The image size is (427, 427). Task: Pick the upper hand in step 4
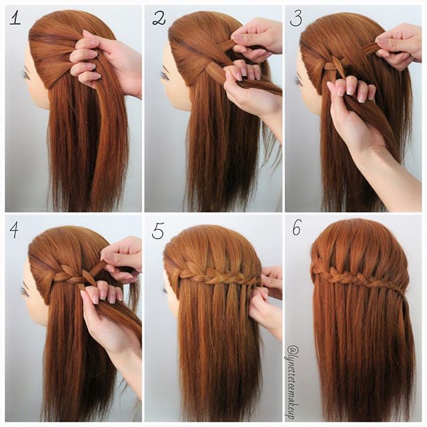(x=123, y=257)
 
